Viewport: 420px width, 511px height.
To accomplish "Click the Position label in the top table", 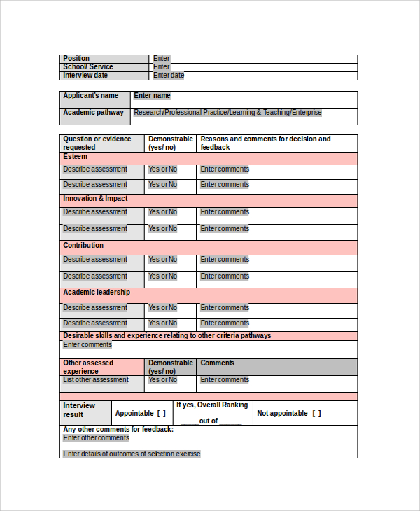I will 76,59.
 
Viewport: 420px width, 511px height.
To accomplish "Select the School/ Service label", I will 87,67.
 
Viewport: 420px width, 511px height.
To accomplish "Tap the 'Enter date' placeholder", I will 169,76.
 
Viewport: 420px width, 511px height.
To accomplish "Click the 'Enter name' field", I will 152,96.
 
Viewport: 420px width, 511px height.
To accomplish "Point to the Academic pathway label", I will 93,113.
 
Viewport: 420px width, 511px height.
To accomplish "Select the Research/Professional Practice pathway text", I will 227,113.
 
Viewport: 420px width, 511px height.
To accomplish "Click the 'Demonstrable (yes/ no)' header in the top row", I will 170,143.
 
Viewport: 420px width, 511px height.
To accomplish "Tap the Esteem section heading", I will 76,157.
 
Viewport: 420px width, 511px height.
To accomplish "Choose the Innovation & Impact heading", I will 95,199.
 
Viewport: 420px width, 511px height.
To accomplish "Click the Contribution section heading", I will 83,246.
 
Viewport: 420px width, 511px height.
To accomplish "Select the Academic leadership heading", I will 97,293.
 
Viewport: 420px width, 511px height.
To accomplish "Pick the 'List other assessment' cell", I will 96,380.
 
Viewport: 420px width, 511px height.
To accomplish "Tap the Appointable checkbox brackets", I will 161,414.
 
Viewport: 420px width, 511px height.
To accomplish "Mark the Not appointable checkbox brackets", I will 316,414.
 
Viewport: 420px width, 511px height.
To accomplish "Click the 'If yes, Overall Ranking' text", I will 212,405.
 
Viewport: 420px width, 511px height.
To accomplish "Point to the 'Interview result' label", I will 78,410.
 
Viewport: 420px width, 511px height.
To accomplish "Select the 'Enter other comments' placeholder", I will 96,438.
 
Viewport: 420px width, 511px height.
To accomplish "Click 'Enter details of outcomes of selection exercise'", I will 132,454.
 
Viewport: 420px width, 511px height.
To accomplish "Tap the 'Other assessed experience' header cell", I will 89,367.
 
